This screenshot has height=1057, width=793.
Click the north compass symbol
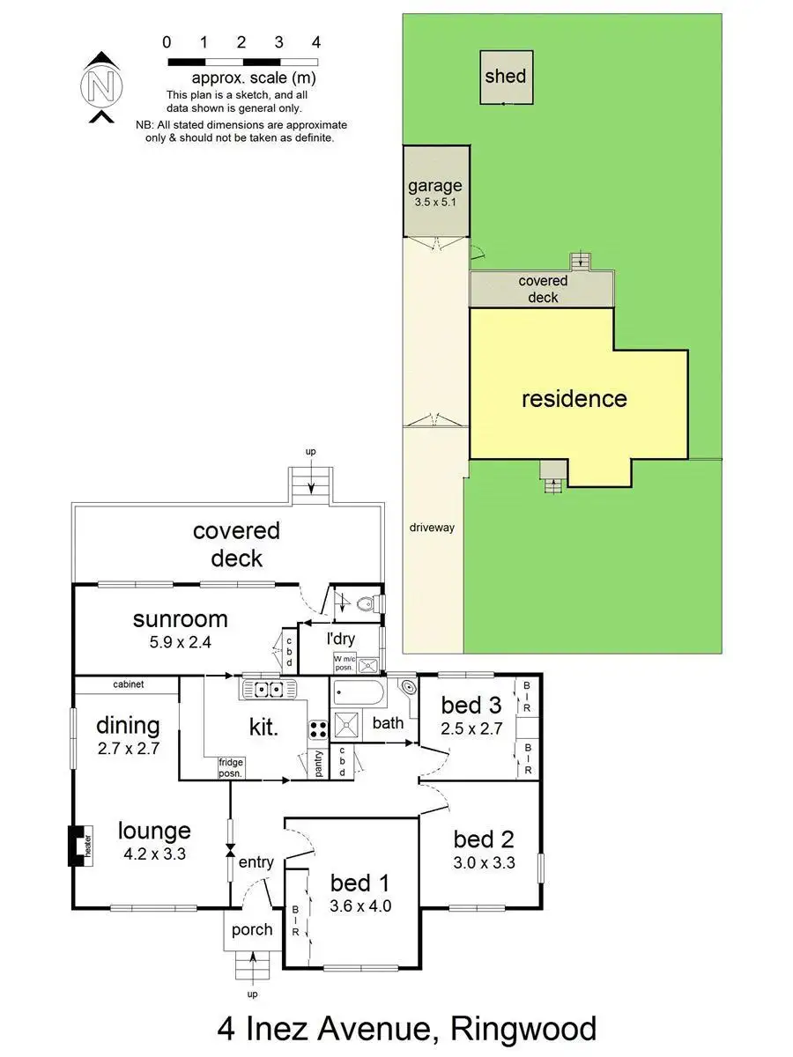click(102, 87)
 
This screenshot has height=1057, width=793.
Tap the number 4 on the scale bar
click(315, 42)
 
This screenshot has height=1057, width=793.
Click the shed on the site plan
click(505, 77)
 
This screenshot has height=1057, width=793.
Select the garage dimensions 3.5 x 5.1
click(434, 202)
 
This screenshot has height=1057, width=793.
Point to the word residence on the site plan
click(574, 399)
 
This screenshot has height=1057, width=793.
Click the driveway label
click(431, 528)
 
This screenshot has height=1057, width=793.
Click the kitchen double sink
click(263, 690)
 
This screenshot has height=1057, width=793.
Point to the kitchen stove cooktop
click(317, 728)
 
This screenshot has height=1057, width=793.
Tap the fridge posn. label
click(231, 768)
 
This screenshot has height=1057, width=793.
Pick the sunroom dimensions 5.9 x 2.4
click(180, 643)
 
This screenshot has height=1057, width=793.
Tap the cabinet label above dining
click(129, 684)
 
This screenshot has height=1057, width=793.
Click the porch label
click(252, 929)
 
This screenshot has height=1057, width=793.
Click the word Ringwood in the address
click(522, 1029)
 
